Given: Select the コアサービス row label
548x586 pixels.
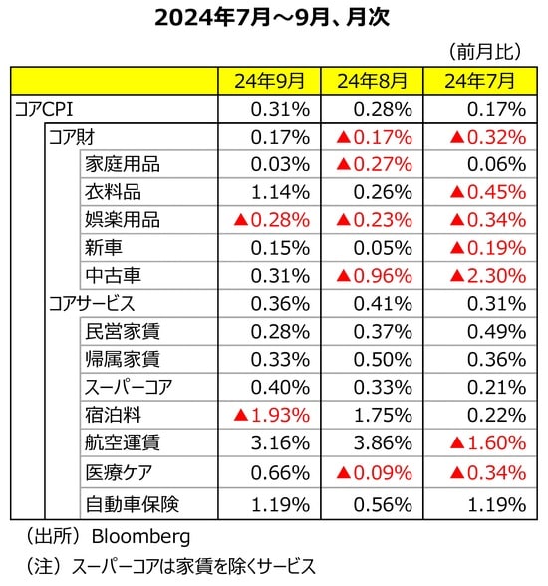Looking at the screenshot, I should click(x=92, y=303).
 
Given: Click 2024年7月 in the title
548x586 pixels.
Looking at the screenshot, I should click(x=189, y=17).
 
